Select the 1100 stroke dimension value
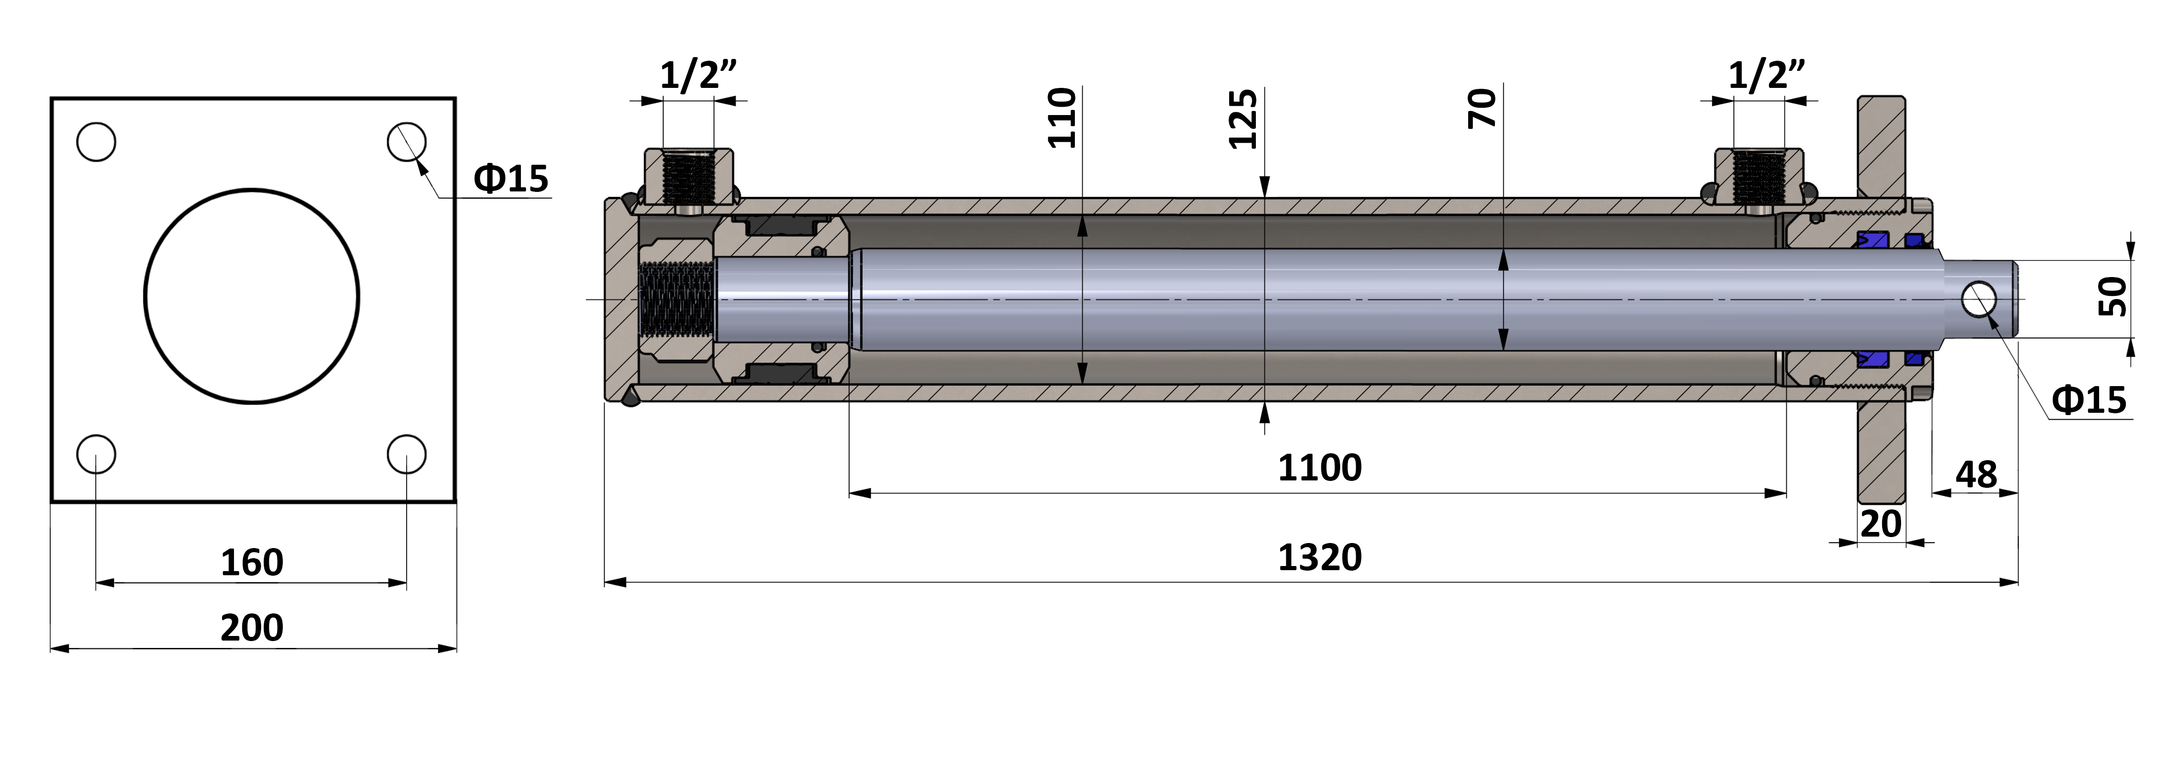pyautogui.click(x=1319, y=468)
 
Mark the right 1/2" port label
pyautogui.click(x=1767, y=76)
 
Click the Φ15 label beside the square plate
pyautogui.click(x=510, y=179)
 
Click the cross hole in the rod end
pyautogui.click(x=1979, y=300)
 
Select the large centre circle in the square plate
pyautogui.click(x=252, y=295)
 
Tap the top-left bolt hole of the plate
pyautogui.click(x=96, y=141)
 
